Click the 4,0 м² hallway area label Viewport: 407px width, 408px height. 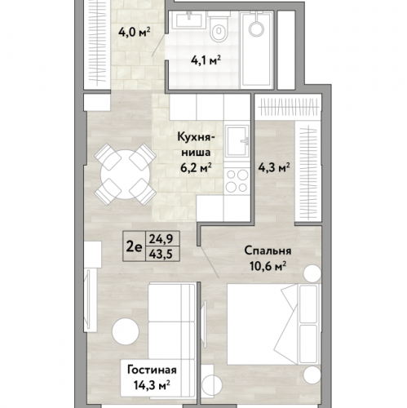[135, 32]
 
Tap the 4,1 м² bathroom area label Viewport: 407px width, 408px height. [206, 60]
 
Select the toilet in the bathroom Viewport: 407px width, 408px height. [219, 26]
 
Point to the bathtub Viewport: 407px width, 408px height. [257, 50]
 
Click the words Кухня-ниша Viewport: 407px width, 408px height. [196, 144]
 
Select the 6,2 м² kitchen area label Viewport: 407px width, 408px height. [196, 168]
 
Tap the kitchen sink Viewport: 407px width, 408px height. [237, 143]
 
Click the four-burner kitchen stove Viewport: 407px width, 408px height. [237, 180]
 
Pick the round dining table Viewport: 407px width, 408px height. [125, 175]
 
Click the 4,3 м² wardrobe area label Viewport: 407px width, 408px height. [273, 167]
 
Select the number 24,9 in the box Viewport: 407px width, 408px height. [162, 239]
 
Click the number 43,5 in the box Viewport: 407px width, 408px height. [162, 254]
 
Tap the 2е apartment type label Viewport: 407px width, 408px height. [135, 246]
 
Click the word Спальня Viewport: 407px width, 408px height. [268, 251]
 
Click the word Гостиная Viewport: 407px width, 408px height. [152, 370]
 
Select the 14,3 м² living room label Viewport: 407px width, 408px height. [152, 384]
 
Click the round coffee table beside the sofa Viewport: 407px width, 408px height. [126, 331]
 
